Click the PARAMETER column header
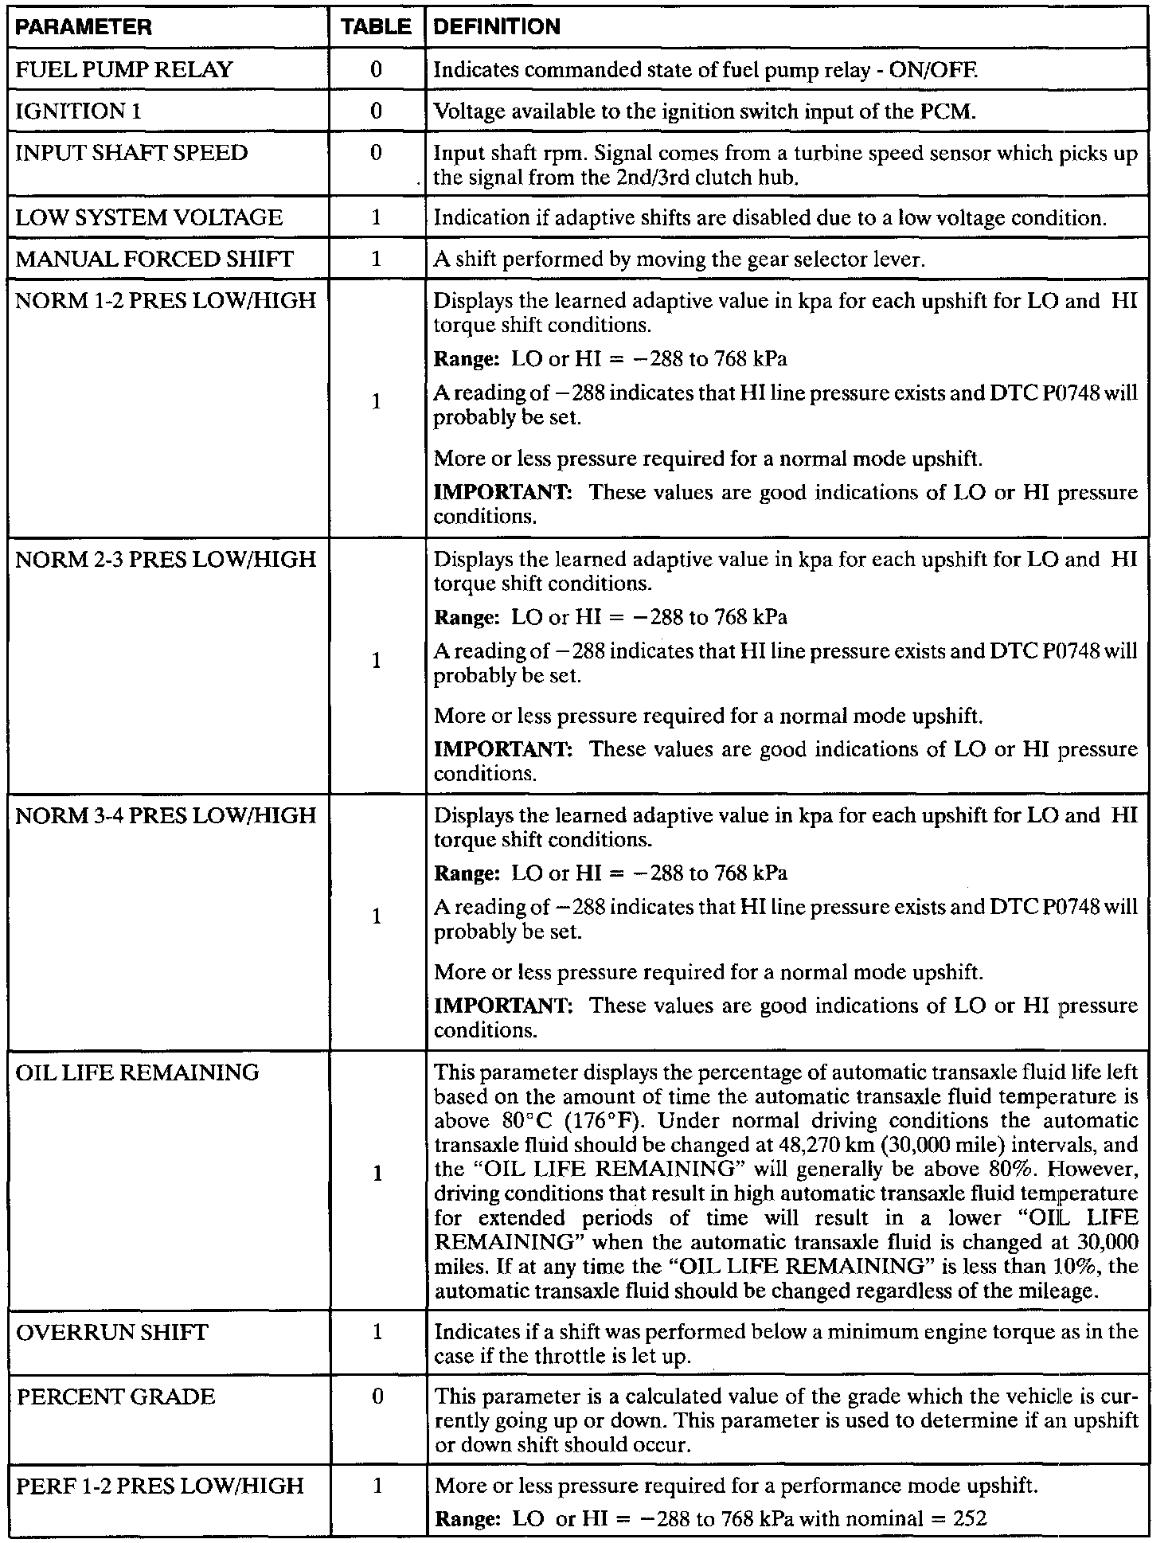pos(84,27)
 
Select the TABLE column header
pos(377,27)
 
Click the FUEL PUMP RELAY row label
pos(124,70)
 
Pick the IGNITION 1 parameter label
pos(78,111)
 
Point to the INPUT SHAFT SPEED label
pos(132,153)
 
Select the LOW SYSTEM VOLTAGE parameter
pos(149,218)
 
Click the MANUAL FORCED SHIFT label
pos(154,259)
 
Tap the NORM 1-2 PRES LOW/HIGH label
pos(166,301)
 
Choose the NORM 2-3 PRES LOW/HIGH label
pos(166,560)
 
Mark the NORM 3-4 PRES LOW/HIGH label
pos(166,816)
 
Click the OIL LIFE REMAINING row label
pos(138,1073)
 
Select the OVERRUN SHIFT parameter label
pos(112,1332)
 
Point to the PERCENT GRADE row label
pos(116,1397)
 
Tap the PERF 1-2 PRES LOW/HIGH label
pos(160,1486)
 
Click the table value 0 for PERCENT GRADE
pos(377,1397)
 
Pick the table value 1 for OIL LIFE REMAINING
pos(377,1174)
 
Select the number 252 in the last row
pos(970,1519)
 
